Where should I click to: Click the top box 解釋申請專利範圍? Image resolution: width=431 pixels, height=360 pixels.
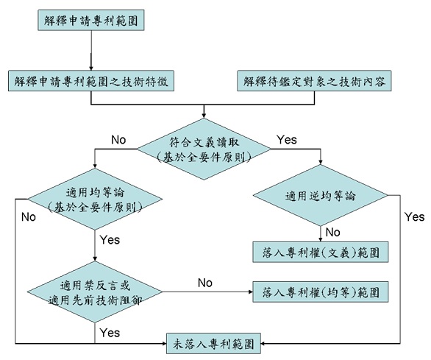(91, 20)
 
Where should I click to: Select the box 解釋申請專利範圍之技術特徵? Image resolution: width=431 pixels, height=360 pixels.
(91, 81)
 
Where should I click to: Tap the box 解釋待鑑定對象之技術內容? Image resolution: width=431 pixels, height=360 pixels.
(314, 81)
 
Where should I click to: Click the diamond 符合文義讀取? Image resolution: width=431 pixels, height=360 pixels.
(204, 149)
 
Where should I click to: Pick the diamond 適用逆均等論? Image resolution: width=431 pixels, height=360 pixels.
(320, 195)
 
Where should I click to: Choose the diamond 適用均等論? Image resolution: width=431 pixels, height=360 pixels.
(95, 199)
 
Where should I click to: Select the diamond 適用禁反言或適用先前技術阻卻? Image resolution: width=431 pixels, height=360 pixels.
(95, 292)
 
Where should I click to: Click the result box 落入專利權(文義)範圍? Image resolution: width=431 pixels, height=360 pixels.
(321, 252)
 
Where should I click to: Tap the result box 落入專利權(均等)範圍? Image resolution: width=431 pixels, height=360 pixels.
(321, 292)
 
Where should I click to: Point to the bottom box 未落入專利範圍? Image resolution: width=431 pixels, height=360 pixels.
(213, 344)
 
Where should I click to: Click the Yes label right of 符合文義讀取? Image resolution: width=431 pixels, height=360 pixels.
(287, 140)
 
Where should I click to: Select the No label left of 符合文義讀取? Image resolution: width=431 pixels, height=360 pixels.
(118, 140)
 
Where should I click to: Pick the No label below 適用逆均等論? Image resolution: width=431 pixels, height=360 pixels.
(333, 233)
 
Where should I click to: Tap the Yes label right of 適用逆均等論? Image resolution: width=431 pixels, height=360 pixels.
(415, 217)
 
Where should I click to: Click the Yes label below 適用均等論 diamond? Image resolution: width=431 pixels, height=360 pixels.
(110, 240)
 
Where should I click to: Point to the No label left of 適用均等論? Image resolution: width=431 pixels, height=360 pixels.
(29, 217)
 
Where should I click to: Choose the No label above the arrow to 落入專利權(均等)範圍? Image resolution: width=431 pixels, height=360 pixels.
(205, 283)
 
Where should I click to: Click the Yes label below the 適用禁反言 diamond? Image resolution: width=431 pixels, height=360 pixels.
(110, 333)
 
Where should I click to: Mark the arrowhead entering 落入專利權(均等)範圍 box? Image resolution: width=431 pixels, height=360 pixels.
(251, 292)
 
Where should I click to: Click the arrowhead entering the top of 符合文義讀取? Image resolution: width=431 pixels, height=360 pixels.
(204, 116)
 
